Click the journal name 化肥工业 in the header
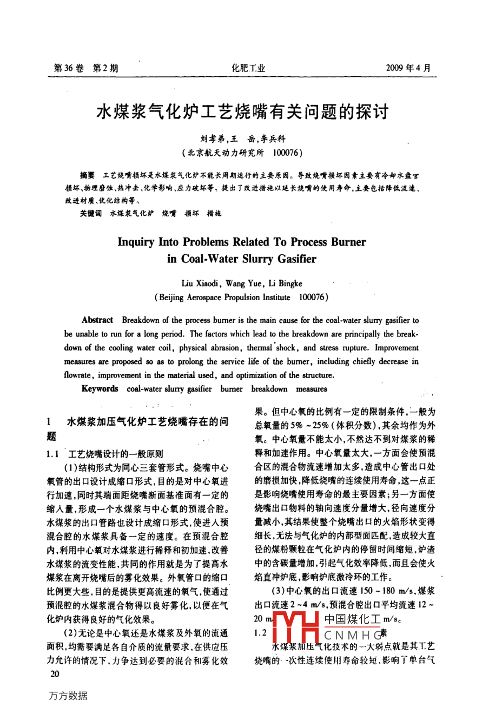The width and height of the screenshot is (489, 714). coord(248,68)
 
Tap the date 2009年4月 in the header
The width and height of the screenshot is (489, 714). coord(409,68)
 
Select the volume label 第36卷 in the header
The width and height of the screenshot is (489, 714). coord(69,68)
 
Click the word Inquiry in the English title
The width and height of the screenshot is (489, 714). coord(136,242)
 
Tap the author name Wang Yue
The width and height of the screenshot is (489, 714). coord(243,283)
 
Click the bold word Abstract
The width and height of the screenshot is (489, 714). coord(97,320)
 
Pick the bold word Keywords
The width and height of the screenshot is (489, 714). coord(100,388)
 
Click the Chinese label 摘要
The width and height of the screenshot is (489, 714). coord(87,175)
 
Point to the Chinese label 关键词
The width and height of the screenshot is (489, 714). coord(90,213)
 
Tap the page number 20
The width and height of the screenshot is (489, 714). coord(55,673)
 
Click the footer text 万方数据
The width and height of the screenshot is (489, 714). coord(68,696)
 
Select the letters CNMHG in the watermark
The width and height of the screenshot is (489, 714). coord(353,634)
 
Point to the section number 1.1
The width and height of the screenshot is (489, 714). coord(52,454)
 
